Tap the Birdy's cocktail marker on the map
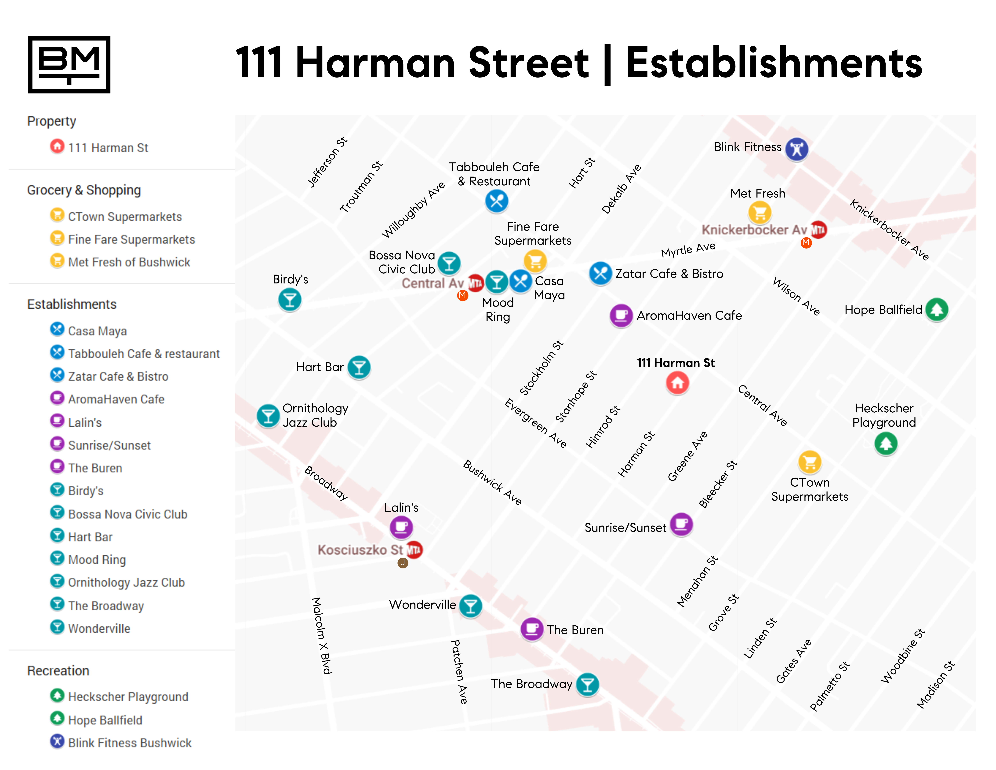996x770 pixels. tap(290, 300)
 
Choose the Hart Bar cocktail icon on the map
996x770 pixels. tap(359, 367)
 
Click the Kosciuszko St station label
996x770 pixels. tap(360, 550)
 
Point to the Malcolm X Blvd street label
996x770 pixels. tap(322, 635)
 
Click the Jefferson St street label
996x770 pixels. tap(327, 162)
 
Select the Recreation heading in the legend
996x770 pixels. tap(58, 671)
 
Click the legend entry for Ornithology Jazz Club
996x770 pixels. tap(126, 583)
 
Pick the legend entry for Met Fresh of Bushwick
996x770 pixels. tap(129, 262)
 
